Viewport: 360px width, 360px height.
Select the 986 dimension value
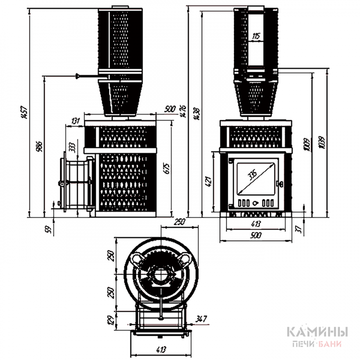tap(39, 147)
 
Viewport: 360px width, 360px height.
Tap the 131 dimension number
tap(75, 120)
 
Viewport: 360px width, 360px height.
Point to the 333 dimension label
tap(72, 146)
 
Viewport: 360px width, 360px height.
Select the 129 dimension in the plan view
tap(112, 320)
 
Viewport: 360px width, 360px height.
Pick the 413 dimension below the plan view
tap(161, 349)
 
